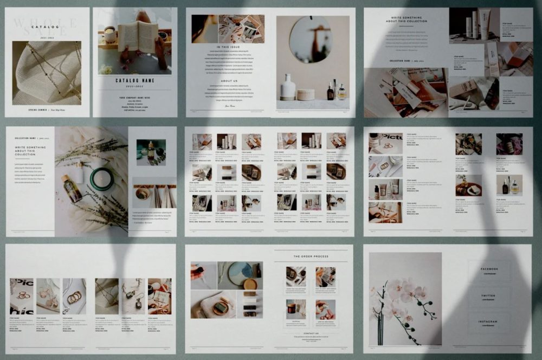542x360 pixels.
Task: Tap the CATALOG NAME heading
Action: (x=135, y=81)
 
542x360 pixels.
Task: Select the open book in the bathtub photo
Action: (x=138, y=37)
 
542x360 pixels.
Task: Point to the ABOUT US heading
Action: (x=229, y=81)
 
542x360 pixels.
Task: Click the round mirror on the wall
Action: (x=310, y=39)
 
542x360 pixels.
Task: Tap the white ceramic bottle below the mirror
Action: (x=287, y=87)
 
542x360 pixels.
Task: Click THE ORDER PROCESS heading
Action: (x=311, y=256)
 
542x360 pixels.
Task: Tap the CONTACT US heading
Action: (x=311, y=333)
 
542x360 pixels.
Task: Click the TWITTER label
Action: (x=488, y=295)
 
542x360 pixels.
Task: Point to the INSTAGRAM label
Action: (x=488, y=322)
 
